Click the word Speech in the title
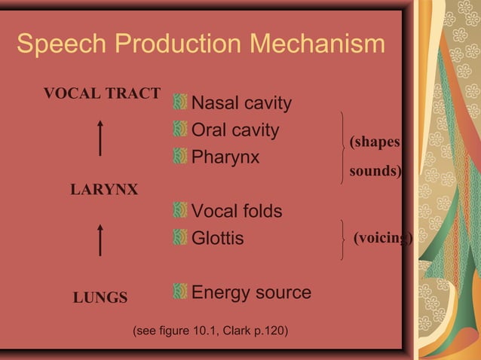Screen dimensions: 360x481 point(55,45)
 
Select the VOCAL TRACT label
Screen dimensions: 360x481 point(102,93)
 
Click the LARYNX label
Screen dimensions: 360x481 point(103,190)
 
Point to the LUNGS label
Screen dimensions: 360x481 point(100,297)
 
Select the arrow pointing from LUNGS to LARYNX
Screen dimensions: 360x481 point(100,239)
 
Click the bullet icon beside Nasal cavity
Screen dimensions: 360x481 point(179,102)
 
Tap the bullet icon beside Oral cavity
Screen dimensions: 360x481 point(179,130)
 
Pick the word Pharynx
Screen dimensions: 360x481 point(225,158)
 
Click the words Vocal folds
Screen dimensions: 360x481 point(237,211)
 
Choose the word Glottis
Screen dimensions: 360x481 point(218,239)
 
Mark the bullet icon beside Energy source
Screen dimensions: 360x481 point(179,291)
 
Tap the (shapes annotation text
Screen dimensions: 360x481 point(372,142)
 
